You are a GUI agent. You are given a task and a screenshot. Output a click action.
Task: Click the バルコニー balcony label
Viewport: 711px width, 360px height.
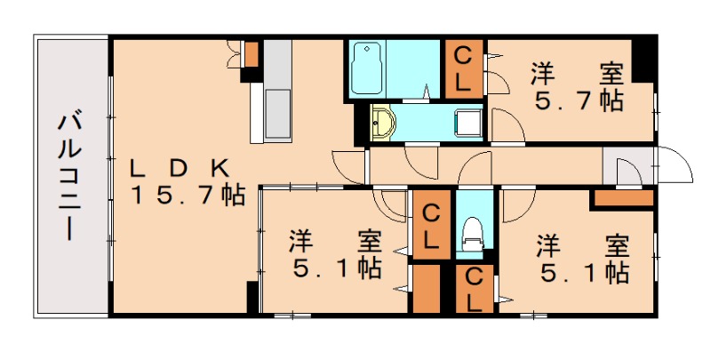click(x=70, y=176)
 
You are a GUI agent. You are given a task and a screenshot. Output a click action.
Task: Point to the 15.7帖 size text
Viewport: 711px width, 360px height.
click(x=188, y=195)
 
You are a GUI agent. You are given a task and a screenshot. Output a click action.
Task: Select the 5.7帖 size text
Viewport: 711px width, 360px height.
click(x=578, y=100)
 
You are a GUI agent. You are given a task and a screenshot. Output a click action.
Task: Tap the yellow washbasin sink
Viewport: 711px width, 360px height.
click(x=382, y=123)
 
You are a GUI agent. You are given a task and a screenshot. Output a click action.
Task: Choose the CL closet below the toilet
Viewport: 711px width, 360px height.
click(x=474, y=289)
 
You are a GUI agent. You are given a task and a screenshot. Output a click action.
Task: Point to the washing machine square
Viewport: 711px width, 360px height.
click(x=467, y=123)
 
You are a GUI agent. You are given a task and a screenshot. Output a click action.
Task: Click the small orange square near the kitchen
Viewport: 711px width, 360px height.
click(x=252, y=54)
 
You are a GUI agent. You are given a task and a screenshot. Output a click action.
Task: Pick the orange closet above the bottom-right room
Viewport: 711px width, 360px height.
click(x=623, y=198)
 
